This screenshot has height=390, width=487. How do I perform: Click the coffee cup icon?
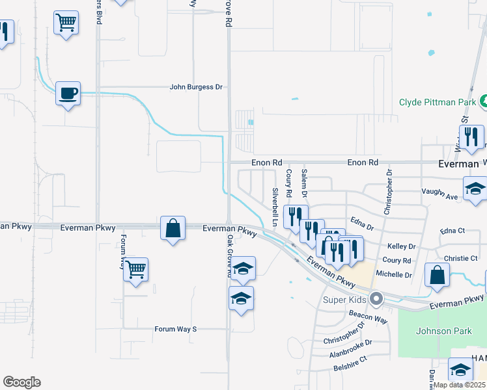68,94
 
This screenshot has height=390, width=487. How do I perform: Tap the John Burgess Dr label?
196,86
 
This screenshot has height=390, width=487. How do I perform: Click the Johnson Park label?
444,331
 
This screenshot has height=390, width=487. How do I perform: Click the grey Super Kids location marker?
376,300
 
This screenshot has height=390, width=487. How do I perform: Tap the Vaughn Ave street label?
441,192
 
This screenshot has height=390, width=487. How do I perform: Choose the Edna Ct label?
452,231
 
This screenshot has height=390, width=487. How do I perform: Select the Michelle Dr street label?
395,275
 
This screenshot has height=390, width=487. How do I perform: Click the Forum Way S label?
175,329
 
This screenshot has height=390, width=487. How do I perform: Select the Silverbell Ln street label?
275,207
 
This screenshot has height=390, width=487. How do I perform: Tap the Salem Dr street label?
304,183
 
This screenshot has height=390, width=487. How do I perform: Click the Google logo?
22,382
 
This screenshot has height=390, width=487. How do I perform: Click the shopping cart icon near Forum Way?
135,269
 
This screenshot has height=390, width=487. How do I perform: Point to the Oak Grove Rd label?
230,256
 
